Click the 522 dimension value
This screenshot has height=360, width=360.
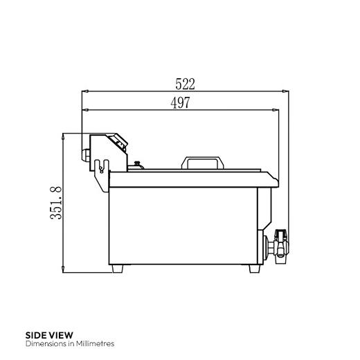185,84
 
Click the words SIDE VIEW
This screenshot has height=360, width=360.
48,334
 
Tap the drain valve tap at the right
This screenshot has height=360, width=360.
280,245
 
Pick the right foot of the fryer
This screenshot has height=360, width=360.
255,269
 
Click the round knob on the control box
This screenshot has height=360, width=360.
87,154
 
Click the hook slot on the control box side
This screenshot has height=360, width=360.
101,165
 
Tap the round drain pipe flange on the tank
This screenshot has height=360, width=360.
267,246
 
